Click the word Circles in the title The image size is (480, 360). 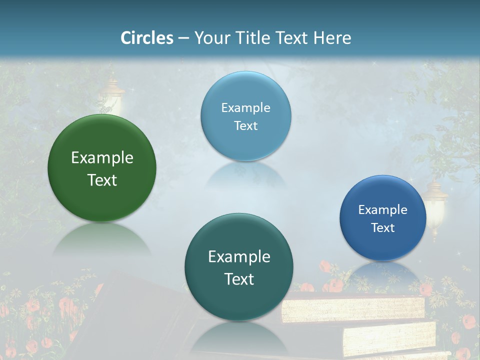point(146,38)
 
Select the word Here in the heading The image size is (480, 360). point(332,38)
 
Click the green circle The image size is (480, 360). point(102,168)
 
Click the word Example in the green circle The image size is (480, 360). point(102,158)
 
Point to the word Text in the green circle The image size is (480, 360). point(102,180)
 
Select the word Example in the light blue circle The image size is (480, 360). point(245,108)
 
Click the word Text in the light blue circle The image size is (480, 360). point(245,125)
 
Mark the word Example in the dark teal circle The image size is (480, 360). point(239,257)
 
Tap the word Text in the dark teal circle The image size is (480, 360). point(239,279)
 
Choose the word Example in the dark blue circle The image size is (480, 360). point(382,210)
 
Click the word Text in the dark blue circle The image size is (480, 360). point(382,228)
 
